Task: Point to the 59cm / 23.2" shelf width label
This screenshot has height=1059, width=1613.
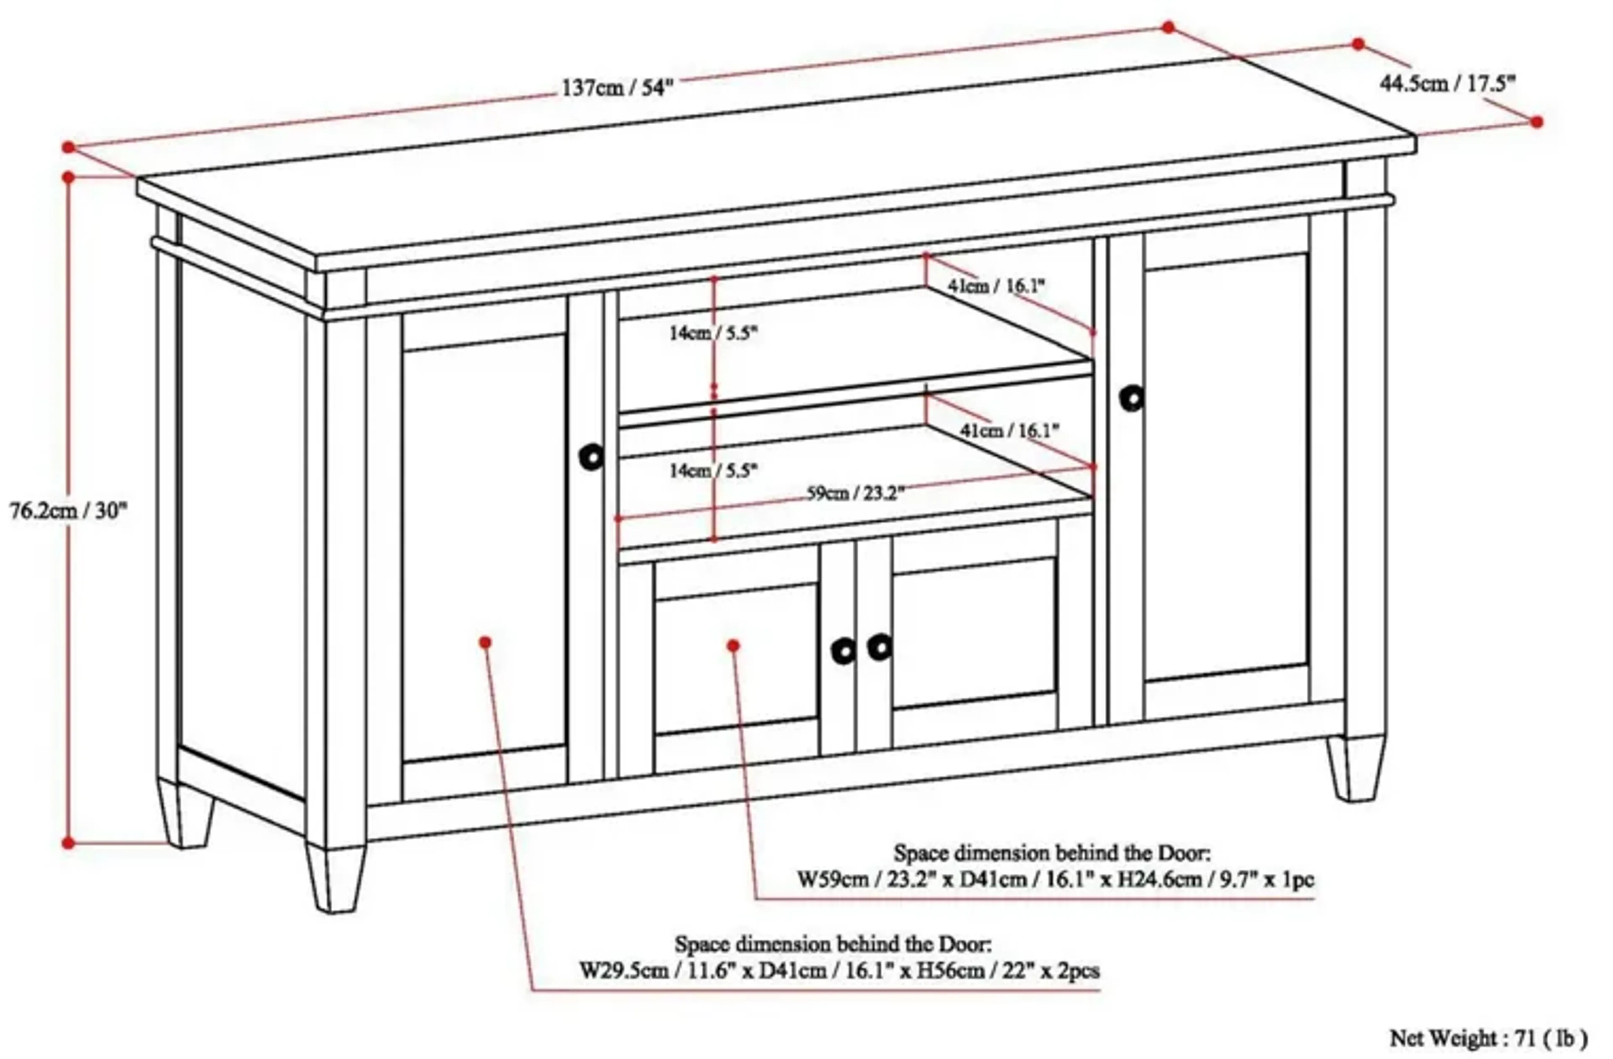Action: click(855, 493)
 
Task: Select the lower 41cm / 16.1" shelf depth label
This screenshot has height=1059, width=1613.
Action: click(1009, 430)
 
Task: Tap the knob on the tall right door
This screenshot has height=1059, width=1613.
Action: click(1132, 398)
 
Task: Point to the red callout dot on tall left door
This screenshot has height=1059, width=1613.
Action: click(485, 642)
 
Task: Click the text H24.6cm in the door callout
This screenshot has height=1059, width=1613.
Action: click(1161, 879)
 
